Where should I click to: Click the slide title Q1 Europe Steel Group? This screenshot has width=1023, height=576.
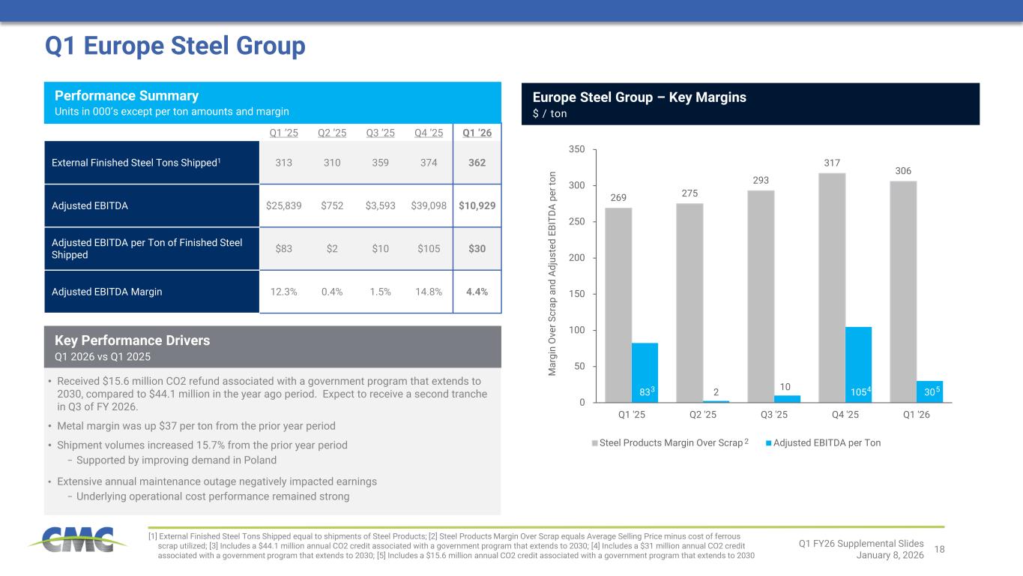(175, 46)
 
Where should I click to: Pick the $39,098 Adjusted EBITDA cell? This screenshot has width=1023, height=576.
(429, 205)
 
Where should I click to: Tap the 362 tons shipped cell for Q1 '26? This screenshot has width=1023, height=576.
(477, 163)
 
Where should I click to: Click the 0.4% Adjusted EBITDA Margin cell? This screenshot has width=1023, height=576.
(332, 292)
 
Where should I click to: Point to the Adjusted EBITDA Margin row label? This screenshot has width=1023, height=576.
(107, 292)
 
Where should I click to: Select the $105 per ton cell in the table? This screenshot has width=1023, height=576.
(429, 248)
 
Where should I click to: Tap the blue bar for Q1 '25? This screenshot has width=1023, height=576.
(645, 372)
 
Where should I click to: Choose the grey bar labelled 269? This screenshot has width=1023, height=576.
(618, 304)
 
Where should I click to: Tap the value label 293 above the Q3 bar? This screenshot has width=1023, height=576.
(761, 180)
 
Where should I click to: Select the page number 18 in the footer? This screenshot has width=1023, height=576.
(940, 550)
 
